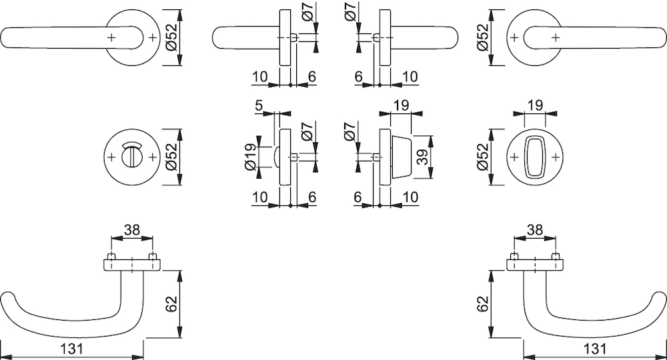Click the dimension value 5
(259, 105)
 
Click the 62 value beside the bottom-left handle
(171, 304)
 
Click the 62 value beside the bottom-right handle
(483, 304)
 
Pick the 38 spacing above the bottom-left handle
(132, 230)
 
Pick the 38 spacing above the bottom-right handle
(535, 230)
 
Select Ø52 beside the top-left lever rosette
(171, 37)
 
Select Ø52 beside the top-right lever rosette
(483, 37)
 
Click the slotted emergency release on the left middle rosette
(132, 157)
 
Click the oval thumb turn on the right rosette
(535, 157)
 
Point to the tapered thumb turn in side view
(401, 157)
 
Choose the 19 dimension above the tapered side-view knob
(401, 105)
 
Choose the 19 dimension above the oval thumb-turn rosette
(535, 105)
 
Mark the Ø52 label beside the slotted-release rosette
(171, 157)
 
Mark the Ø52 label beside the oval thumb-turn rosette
(483, 157)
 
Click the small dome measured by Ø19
(277, 157)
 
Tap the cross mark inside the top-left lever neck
(111, 37)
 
